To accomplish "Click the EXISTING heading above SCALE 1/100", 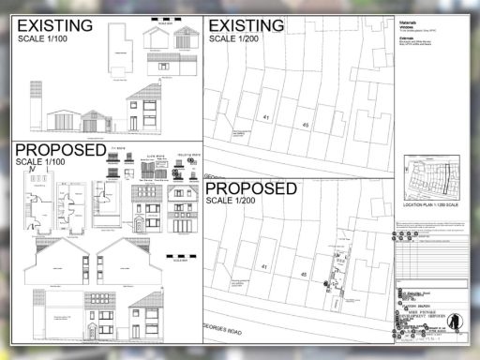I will point(55,26).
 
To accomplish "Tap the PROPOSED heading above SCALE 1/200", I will point(252,188).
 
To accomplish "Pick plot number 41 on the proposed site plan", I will point(263,267).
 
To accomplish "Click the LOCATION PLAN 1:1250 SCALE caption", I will point(433,203).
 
